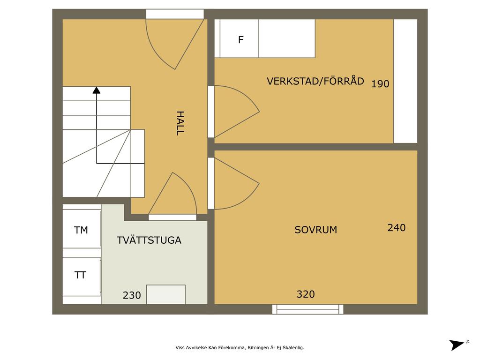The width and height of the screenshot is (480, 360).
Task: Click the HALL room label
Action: pyautogui.click(x=180, y=123)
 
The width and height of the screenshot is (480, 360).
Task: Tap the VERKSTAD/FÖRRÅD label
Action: pyautogui.click(x=315, y=81)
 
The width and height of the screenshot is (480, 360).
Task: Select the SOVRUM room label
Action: pyautogui.click(x=315, y=230)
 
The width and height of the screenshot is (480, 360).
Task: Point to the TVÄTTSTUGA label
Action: pyautogui.click(x=149, y=240)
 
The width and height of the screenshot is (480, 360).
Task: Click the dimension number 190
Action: pyautogui.click(x=380, y=83)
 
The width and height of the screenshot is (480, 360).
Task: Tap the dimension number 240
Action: pyautogui.click(x=397, y=228)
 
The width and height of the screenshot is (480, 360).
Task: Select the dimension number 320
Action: pyautogui.click(x=306, y=294)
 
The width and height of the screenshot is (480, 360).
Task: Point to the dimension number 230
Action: pyautogui.click(x=132, y=295)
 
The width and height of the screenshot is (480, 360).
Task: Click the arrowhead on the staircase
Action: pyautogui.click(x=97, y=90)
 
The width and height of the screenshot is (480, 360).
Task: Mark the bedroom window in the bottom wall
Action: pyautogui.click(x=307, y=309)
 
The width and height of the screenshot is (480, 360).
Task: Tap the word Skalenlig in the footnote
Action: pyautogui.click(x=293, y=348)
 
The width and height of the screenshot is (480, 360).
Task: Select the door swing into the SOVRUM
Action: pyautogui.click(x=236, y=184)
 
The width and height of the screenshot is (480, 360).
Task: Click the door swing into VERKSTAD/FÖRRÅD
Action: pyautogui.click(x=236, y=112)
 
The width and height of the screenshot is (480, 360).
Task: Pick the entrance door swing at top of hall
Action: pyautogui.click(x=175, y=45)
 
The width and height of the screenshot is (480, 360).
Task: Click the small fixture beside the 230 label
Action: pyautogui.click(x=166, y=294)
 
